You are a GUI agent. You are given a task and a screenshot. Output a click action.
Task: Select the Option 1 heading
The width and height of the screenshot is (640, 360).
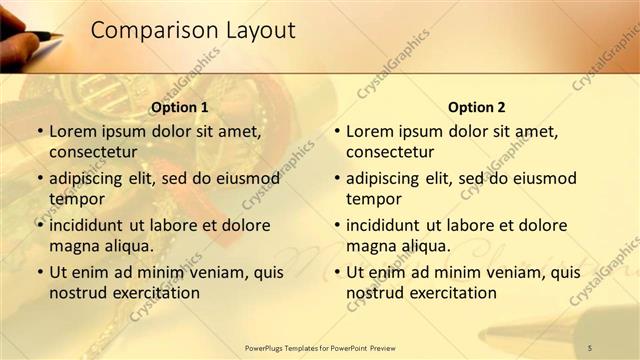[179, 108]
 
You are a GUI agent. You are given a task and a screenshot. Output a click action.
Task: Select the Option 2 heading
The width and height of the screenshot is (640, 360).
[477, 108]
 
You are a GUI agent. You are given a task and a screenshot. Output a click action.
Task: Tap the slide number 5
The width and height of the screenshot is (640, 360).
[590, 347]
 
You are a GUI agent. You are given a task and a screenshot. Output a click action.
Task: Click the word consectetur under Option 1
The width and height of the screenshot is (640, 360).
[93, 152]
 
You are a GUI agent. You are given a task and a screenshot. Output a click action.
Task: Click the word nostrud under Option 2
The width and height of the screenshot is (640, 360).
[375, 293]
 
